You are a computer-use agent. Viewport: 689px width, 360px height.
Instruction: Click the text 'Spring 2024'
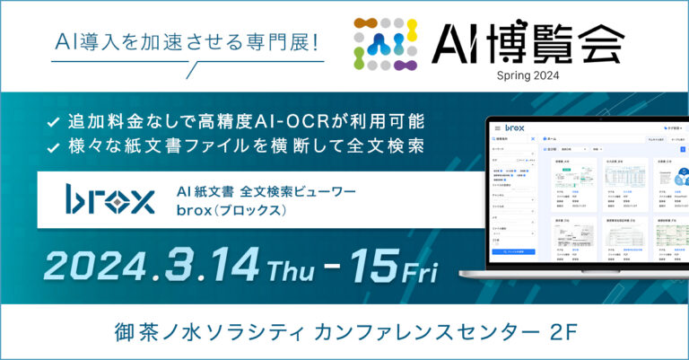click(527, 75)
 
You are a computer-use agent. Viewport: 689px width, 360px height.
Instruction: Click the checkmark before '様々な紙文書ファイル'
click(52, 145)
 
